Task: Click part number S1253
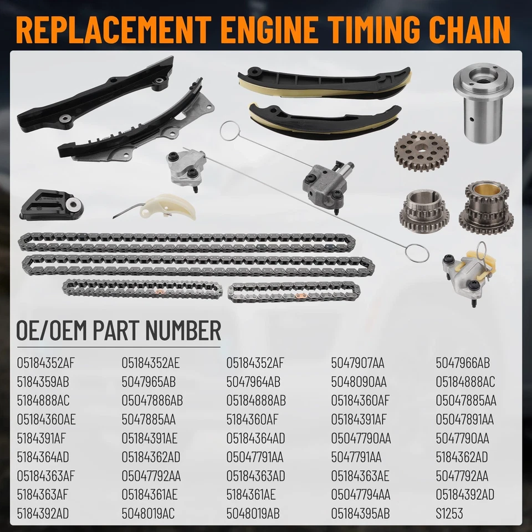(x=449, y=514)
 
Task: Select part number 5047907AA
(x=357, y=364)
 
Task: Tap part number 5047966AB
(x=463, y=364)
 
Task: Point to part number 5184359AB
(x=43, y=382)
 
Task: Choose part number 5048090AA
(x=359, y=382)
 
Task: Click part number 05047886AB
(x=152, y=401)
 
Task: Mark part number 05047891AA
(x=464, y=420)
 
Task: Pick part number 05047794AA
(x=361, y=495)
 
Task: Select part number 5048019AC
(x=148, y=514)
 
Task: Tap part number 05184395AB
(x=360, y=514)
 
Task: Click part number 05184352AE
(x=151, y=364)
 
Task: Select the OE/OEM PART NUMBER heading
(x=119, y=331)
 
